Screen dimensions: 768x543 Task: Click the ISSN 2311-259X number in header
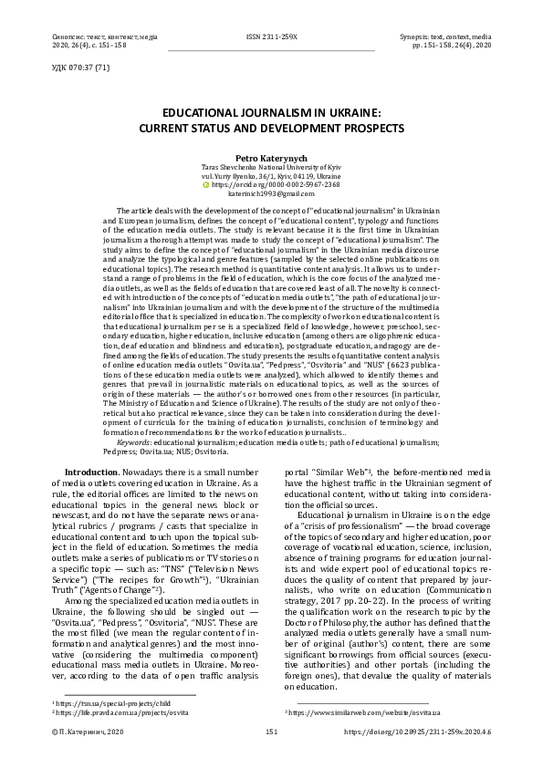click(272, 36)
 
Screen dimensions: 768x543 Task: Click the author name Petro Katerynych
click(271, 157)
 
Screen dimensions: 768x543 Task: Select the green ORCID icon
click(205, 184)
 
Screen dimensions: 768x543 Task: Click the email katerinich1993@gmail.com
click(271, 194)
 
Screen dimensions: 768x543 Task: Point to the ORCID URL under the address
click(276, 184)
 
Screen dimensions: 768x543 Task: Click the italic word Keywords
click(138, 441)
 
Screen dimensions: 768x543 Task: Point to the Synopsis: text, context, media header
click(445, 36)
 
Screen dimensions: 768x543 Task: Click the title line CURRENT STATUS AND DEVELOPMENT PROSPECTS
click(271, 129)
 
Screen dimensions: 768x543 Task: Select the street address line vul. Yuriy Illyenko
click(271, 175)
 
